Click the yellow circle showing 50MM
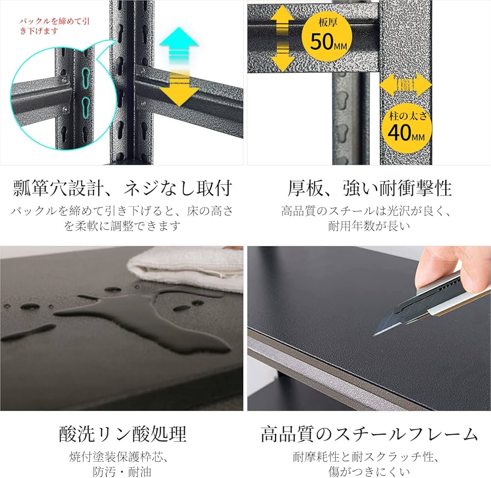pos(327,36)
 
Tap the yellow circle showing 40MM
pos(407,128)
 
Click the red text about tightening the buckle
pos(55,26)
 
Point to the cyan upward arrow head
pos(179,37)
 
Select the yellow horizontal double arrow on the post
pos(406,85)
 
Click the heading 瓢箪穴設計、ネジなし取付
pos(123,188)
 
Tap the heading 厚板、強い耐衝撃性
pos(370,188)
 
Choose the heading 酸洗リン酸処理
pos(123,434)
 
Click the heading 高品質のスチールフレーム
pos(370,434)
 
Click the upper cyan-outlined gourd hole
pos(86,77)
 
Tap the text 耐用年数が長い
pos(370,226)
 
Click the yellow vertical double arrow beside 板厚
pos(282,39)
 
